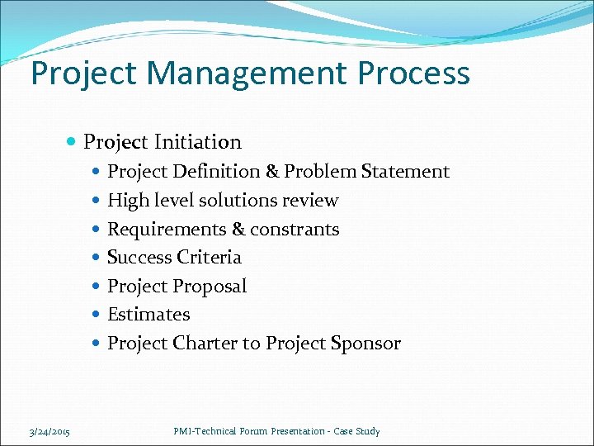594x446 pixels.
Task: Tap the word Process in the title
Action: pyautogui.click(x=413, y=74)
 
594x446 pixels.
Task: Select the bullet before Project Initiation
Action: pyautogui.click(x=73, y=143)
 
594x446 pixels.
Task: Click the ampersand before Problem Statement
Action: pyautogui.click(x=273, y=172)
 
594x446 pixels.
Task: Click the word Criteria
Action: pyautogui.click(x=209, y=258)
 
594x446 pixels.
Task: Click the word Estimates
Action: pyautogui.click(x=148, y=315)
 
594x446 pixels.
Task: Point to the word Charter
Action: pyautogui.click(x=205, y=344)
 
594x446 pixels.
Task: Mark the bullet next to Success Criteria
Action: pyautogui.click(x=97, y=258)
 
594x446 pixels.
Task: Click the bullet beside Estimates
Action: pyautogui.click(x=97, y=315)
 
